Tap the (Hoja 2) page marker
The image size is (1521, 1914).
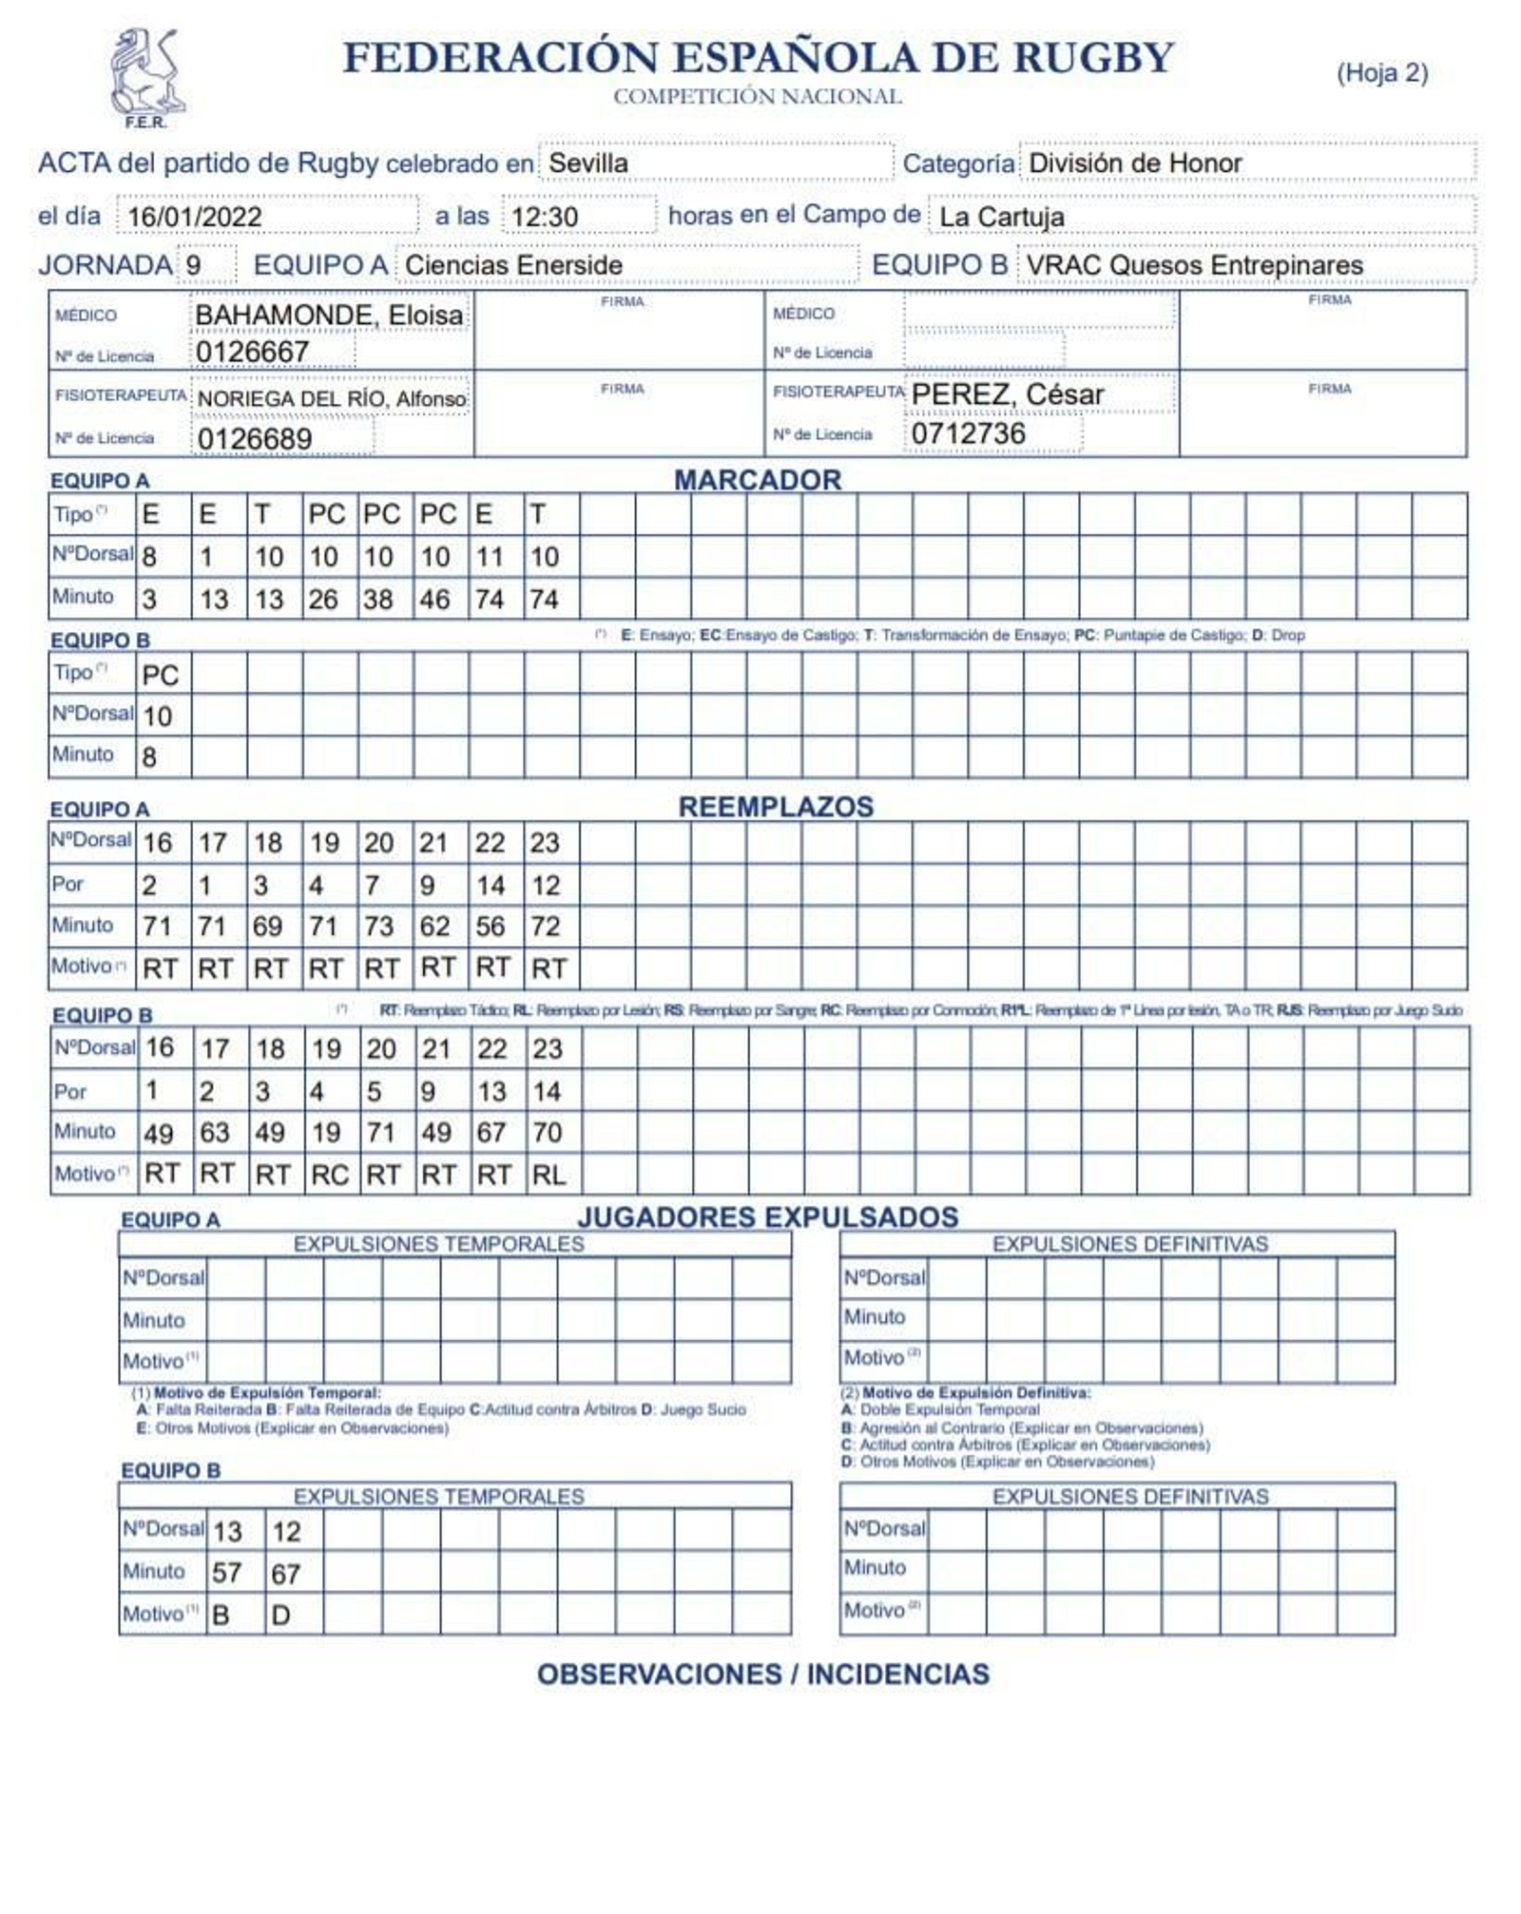tap(1381, 73)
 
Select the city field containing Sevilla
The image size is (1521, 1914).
tap(587, 163)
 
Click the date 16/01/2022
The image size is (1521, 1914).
tap(195, 217)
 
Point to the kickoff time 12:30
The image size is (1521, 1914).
tap(544, 217)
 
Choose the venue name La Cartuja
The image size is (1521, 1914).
tap(1001, 217)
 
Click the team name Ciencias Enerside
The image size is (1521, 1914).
tap(513, 265)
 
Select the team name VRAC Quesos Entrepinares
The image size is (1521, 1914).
tap(1194, 265)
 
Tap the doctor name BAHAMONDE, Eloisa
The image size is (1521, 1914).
tap(329, 315)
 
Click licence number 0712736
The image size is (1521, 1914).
tap(968, 433)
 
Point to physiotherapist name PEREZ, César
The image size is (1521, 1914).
tap(1008, 394)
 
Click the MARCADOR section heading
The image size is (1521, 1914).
tap(758, 480)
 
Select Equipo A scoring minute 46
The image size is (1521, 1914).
tap(435, 600)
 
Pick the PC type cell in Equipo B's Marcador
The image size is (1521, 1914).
tap(160, 675)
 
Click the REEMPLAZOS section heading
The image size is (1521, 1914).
tap(776, 807)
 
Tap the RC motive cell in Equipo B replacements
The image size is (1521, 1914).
tap(329, 1176)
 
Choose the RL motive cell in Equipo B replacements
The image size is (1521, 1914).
tap(549, 1176)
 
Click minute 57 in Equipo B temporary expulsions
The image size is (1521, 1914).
tap(226, 1573)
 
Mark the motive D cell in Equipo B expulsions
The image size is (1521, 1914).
tap(281, 1615)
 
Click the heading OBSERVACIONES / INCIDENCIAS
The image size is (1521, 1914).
tap(762, 1675)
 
